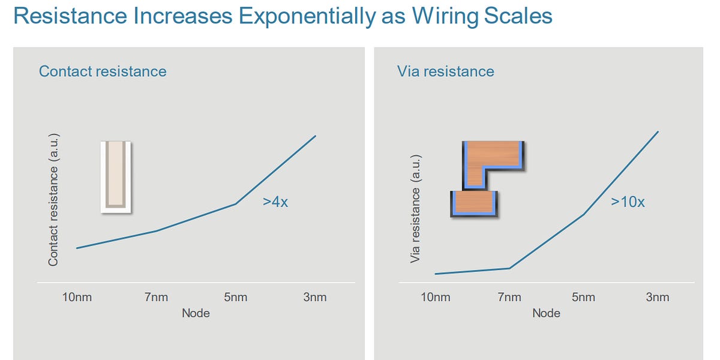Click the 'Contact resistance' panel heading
pos(103,71)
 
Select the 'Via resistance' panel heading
pos(445,71)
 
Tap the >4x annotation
pos(275,202)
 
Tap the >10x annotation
pos(628,202)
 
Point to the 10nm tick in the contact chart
pos(77,297)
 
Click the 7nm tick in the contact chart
pos(157,297)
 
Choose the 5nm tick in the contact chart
pos(235,297)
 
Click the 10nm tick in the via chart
pos(435,297)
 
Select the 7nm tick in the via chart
pos(509,297)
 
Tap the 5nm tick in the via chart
pos(583,297)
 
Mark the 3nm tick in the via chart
pos(658,297)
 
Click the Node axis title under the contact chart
pos(196,313)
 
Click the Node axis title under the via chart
pos(546,313)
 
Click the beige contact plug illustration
pos(115,176)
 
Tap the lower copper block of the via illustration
pos(474,203)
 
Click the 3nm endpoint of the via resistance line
pos(658,131)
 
